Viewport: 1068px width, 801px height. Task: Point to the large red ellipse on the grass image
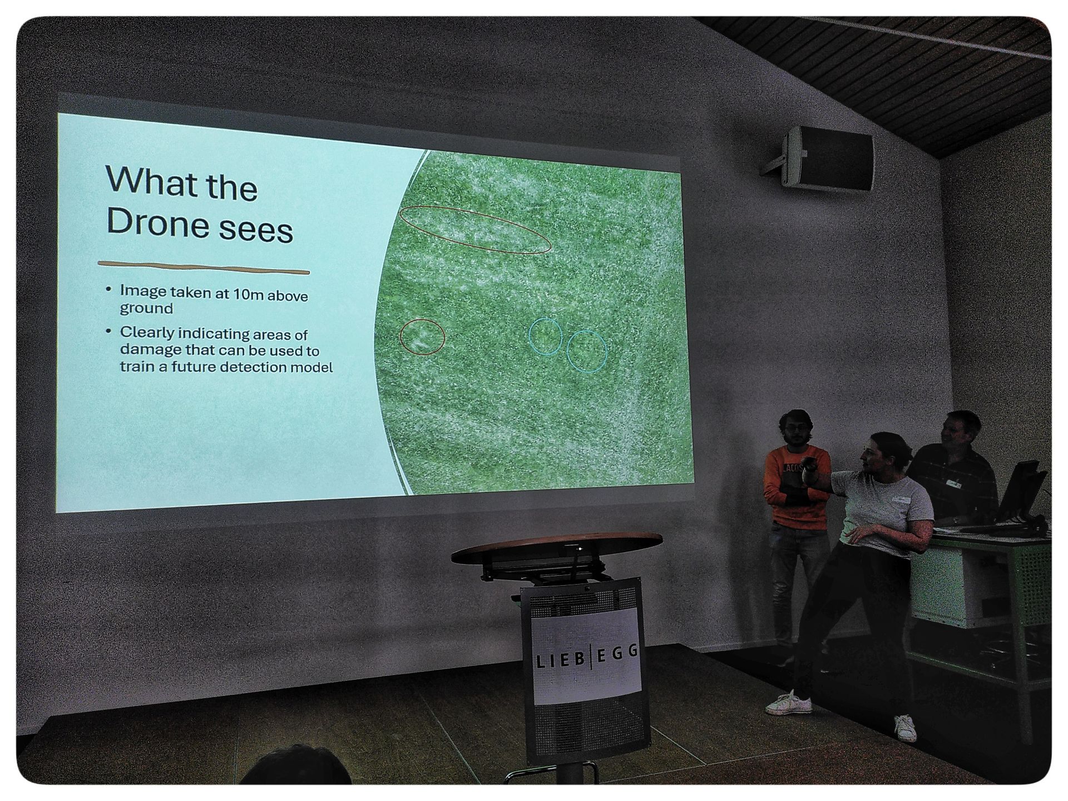[x=475, y=230]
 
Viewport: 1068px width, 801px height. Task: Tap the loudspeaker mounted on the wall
[x=827, y=159]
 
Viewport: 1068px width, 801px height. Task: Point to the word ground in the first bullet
[x=146, y=308]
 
